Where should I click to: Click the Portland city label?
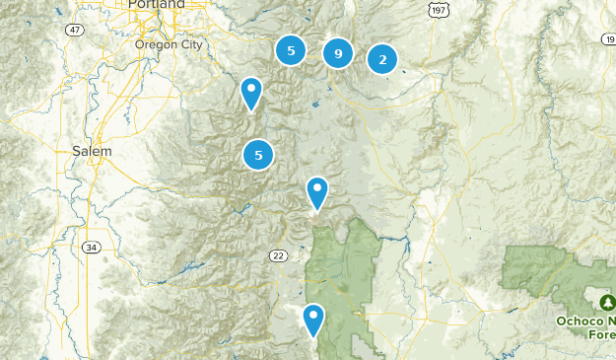(x=157, y=5)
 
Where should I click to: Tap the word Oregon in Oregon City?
(x=153, y=43)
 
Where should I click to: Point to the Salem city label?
(x=92, y=151)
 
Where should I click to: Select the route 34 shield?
(x=91, y=247)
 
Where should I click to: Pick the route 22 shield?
(x=278, y=255)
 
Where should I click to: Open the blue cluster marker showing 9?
(x=338, y=54)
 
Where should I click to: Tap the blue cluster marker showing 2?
(x=382, y=59)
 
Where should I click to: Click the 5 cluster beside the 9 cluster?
(x=291, y=49)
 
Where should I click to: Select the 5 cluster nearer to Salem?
(x=258, y=154)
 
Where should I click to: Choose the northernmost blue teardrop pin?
(x=252, y=93)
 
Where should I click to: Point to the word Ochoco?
(x=584, y=320)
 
